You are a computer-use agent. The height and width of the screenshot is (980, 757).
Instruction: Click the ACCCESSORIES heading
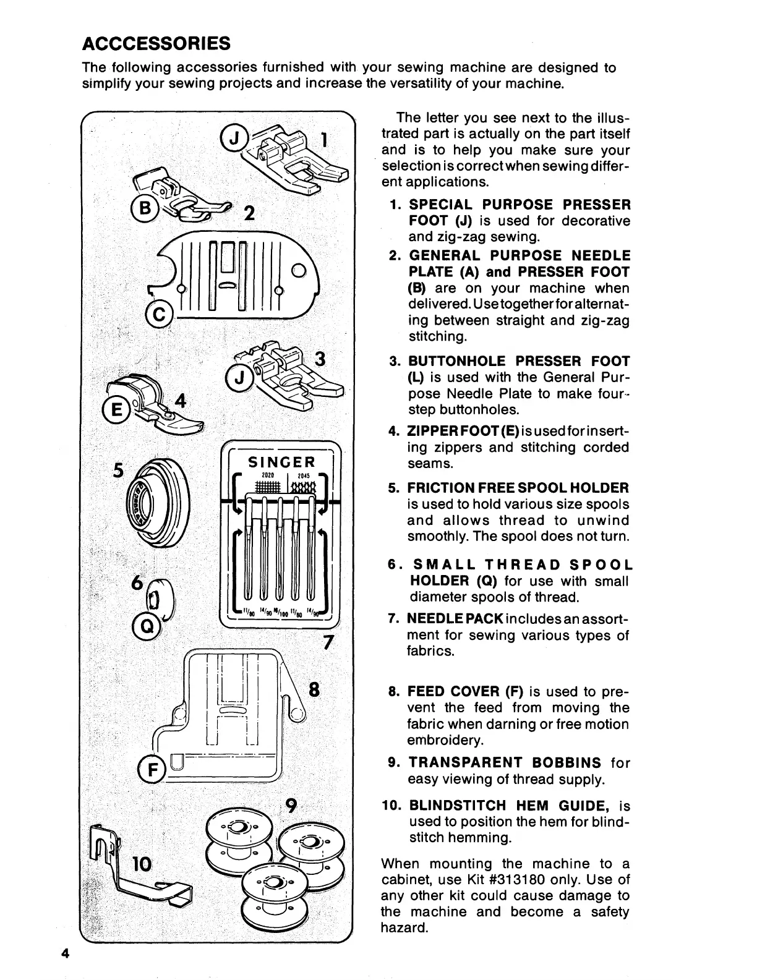click(x=156, y=43)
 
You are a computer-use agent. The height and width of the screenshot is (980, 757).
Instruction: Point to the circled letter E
click(x=114, y=409)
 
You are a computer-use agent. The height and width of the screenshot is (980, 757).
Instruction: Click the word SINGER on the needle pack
click(x=281, y=462)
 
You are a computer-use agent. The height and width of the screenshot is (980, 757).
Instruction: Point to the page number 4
click(x=64, y=952)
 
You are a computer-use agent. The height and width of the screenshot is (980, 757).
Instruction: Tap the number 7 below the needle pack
click(x=328, y=643)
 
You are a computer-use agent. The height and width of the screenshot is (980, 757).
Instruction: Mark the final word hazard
click(x=404, y=927)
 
